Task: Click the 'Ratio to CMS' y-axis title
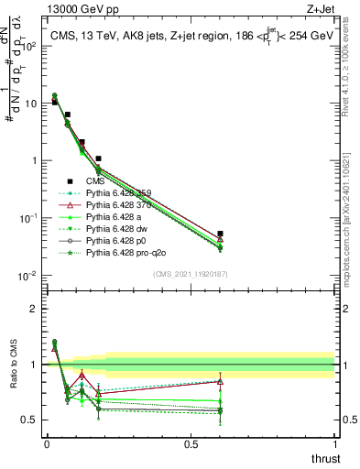tap(12, 378)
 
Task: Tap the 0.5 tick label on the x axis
tap(191, 443)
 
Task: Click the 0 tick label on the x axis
tap(46, 443)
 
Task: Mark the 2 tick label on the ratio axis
tap(33, 309)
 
